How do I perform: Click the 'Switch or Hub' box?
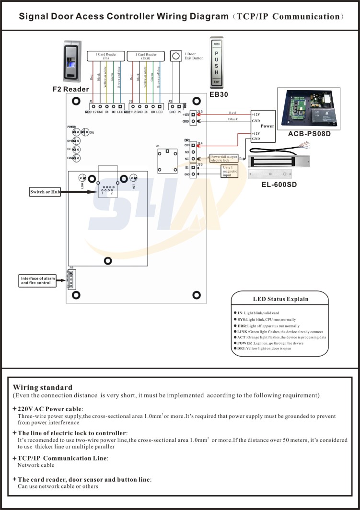pos(45,192)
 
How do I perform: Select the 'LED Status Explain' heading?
pos(280,299)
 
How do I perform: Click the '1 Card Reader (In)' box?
pos(102,57)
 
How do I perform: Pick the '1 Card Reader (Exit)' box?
pos(146,57)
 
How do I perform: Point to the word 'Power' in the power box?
pos(267,126)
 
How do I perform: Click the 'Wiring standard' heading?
pos(43,387)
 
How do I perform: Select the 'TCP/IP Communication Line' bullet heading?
pos(63,458)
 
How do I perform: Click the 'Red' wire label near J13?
pos(232,113)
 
